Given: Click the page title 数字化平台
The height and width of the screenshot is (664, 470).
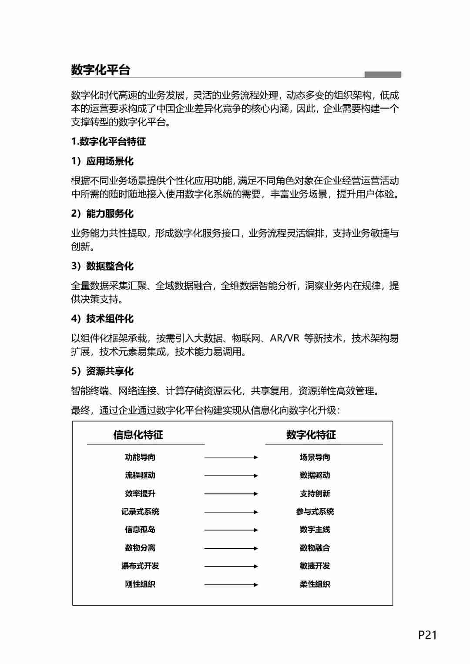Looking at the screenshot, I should [101, 70].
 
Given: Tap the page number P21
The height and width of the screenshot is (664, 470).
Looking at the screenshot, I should [427, 635].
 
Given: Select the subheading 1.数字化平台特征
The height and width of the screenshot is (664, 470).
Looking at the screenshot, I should [108, 141].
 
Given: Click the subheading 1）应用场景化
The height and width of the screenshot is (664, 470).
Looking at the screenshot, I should [102, 161].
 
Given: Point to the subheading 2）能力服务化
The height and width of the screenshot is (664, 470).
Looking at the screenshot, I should [102, 214].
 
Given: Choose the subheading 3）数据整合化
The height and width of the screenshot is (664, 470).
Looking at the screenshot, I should [102, 266].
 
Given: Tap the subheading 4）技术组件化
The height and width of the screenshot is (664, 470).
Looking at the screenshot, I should [102, 319].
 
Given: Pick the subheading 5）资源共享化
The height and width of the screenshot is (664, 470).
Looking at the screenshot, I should [102, 371].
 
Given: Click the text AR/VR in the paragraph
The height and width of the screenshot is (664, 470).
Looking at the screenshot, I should [285, 338].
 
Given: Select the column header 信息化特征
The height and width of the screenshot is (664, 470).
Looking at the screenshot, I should [138, 435].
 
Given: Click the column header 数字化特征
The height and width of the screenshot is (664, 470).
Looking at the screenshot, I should [311, 435].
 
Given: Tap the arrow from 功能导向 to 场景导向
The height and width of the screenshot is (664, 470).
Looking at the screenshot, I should [231, 457].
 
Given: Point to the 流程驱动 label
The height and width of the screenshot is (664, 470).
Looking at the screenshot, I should [140, 475].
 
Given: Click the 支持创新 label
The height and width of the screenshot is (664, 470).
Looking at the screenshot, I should [315, 494].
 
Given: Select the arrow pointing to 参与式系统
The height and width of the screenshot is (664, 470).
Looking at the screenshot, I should [231, 512].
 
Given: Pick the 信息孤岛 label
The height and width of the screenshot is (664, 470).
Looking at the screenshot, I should [140, 530].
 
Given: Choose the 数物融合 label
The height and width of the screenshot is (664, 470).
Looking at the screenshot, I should [315, 548].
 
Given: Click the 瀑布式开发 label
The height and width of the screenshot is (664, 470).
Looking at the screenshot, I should [140, 566].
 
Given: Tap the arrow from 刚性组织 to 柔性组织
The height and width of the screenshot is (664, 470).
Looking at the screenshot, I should [231, 584].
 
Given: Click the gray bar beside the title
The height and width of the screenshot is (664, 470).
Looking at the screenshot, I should [383, 75].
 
